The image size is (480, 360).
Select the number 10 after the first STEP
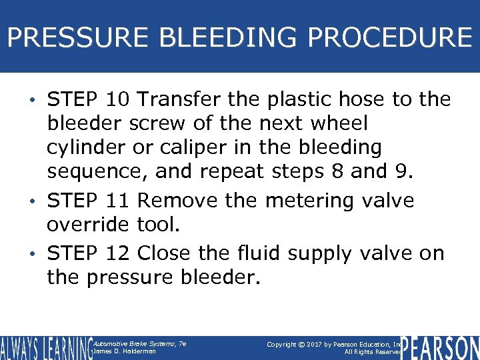click(119, 100)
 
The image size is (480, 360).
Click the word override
click(86, 225)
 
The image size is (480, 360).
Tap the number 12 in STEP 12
click(119, 253)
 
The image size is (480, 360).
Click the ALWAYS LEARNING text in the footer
click(45, 348)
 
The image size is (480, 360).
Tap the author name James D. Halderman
click(125, 351)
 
